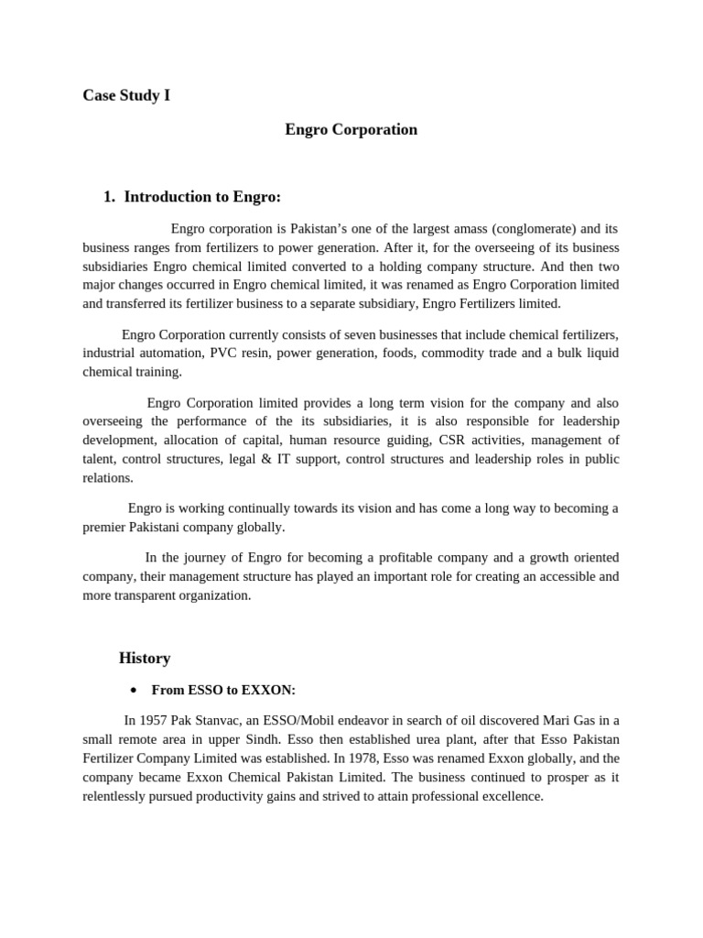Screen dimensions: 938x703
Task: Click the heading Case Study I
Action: coord(126,95)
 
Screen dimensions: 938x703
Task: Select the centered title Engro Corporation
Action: coord(351,130)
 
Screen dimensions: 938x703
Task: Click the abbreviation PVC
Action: coord(223,353)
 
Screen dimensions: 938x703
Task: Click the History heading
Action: coord(145,659)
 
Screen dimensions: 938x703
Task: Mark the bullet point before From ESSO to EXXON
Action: coord(134,691)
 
